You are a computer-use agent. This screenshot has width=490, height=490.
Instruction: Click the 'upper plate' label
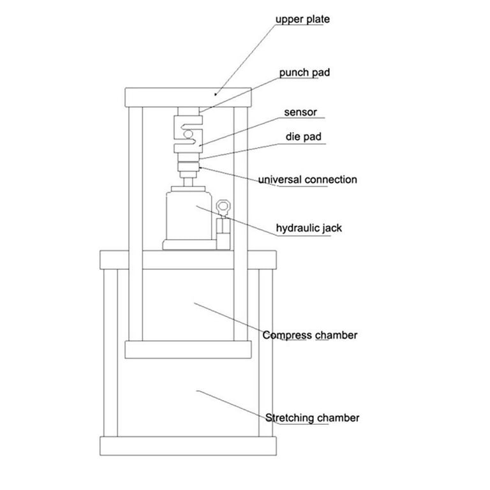pyautogui.click(x=302, y=19)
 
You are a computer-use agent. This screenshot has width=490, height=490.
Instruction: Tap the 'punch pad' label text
pyautogui.click(x=304, y=73)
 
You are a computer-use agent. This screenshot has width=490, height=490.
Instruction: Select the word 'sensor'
pyautogui.click(x=300, y=113)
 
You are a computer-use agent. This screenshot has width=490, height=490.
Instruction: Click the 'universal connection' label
pyautogui.click(x=308, y=180)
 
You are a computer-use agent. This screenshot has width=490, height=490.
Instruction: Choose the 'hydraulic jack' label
pyautogui.click(x=309, y=228)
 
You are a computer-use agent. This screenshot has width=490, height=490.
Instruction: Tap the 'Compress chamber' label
pyautogui.click(x=310, y=335)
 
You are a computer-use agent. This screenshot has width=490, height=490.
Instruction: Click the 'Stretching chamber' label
pyautogui.click(x=312, y=419)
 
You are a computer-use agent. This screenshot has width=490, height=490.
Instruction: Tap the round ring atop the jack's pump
pyautogui.click(x=223, y=207)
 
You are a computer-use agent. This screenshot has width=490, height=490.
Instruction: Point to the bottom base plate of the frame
pyautogui.click(x=188, y=445)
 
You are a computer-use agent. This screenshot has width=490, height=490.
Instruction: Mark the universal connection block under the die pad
pyautogui.click(x=188, y=170)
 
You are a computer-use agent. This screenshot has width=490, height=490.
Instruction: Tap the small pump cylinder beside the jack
pyautogui.click(x=223, y=232)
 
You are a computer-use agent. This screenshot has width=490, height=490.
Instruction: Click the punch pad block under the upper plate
pyautogui.click(x=188, y=112)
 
